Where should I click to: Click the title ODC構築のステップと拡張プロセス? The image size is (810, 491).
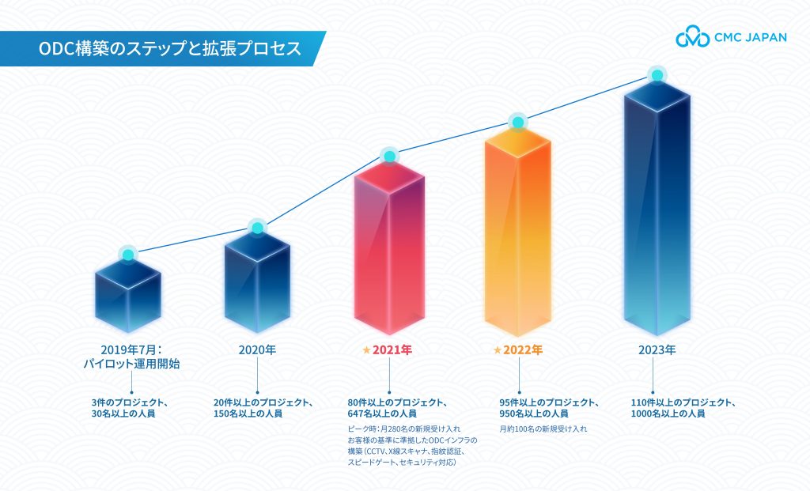pyautogui.click(x=169, y=48)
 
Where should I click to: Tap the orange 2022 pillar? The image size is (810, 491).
pyautogui.click(x=517, y=237)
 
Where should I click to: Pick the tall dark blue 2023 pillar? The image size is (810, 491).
pyautogui.click(x=656, y=213)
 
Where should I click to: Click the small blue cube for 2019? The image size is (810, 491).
pyautogui.click(x=128, y=296)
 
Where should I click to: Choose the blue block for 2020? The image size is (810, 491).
pyautogui.click(x=257, y=285)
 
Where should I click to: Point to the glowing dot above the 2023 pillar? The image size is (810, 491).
pyautogui.click(x=656, y=75)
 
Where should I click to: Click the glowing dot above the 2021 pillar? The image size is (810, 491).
pyautogui.click(x=389, y=156)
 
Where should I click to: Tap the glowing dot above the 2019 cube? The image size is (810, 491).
pyautogui.click(x=128, y=255)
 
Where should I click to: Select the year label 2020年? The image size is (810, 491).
pyautogui.click(x=257, y=349)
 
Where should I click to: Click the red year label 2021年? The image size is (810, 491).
pyautogui.click(x=393, y=349)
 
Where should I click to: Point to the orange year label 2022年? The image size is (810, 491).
pyautogui.click(x=523, y=349)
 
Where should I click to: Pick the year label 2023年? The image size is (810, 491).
pyautogui.click(x=657, y=349)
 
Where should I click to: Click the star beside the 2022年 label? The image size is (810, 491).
pyautogui.click(x=497, y=349)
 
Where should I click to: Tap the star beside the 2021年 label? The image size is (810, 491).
pyautogui.click(x=365, y=349)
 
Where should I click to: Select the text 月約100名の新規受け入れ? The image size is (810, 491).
pyautogui.click(x=543, y=429)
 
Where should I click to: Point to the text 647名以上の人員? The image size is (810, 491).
pyautogui.click(x=383, y=414)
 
